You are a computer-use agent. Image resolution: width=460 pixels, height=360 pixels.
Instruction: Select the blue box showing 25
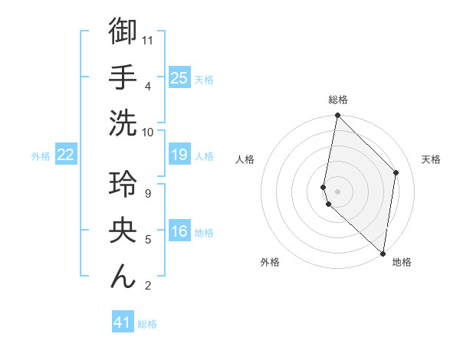(179, 77)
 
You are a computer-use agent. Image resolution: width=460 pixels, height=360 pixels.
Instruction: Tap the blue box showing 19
(179, 155)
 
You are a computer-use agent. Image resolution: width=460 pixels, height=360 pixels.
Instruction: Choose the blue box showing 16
(179, 232)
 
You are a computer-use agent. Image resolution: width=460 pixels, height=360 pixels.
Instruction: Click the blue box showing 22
(65, 155)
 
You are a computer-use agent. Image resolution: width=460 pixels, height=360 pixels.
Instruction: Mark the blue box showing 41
(123, 322)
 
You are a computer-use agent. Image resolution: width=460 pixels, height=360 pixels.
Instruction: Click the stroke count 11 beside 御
(149, 39)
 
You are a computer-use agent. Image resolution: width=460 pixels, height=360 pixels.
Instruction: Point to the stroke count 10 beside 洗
(149, 132)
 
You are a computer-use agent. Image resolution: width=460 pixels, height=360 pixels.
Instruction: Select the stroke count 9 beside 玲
(148, 193)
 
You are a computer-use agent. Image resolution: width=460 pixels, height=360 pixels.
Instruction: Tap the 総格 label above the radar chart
(338, 100)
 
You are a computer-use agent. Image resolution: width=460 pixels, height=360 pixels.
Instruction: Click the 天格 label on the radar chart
(432, 159)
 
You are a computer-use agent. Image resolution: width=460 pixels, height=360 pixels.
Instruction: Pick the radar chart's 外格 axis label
(270, 262)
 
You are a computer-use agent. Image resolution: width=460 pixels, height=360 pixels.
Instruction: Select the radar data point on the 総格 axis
(337, 116)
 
